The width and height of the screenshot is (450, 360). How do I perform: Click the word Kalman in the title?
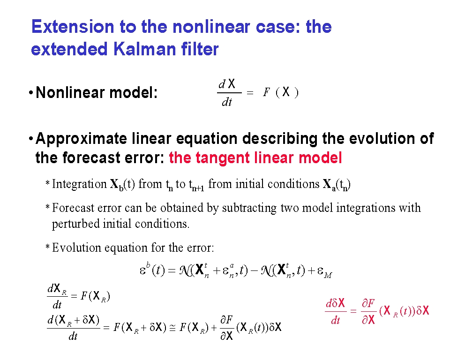pos(145,49)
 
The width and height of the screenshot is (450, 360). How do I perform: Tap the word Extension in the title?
pos(73,27)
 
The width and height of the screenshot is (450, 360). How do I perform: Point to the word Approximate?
pos(81,139)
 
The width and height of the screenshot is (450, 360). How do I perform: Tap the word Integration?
pos(79,184)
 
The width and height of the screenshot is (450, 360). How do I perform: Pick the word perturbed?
pos(75,224)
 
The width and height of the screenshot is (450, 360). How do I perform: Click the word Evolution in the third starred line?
pos(76,247)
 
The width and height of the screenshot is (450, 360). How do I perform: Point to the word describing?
pos(280,139)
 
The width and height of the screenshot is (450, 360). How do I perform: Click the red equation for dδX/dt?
pos(377,311)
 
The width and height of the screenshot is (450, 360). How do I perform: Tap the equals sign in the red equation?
pos(353,311)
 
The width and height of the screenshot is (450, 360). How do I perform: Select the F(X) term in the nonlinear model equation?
pos(281,92)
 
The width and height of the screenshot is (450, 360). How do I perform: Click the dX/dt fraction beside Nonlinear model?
pos(229,93)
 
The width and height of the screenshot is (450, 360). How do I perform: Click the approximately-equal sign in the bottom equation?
pos(172,328)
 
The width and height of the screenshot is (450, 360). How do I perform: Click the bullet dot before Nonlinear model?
pos(31,93)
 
